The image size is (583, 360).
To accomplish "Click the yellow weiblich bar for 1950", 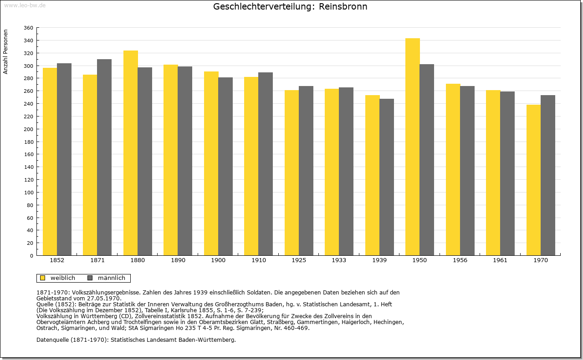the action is coord(413,147).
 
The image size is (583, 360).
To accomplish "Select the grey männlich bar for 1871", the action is coord(104,157).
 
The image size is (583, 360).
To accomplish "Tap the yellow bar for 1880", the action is coord(131,153).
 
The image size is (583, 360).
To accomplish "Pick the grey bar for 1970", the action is coord(548,175).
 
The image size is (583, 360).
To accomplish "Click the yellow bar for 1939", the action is coord(373,175).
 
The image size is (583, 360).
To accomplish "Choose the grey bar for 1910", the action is coord(266,164).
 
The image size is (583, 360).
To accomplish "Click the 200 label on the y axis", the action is coord(28,129).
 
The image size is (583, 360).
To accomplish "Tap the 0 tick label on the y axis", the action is coord(31,256).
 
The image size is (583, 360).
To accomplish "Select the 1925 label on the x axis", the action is coord(299,260).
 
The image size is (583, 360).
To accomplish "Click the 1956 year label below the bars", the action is coord(460,260).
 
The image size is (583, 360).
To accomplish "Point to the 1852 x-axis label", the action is coord(57,260).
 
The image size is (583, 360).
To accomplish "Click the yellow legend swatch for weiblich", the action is coord(43,278).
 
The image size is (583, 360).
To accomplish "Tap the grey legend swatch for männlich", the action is coord(90,278).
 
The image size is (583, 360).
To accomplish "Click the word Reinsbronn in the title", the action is coord(343,6).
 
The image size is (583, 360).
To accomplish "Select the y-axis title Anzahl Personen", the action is coord(5,52).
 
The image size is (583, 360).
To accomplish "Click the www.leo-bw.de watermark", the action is coord(25,5).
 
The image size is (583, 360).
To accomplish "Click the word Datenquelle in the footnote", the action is coord(52,340).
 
